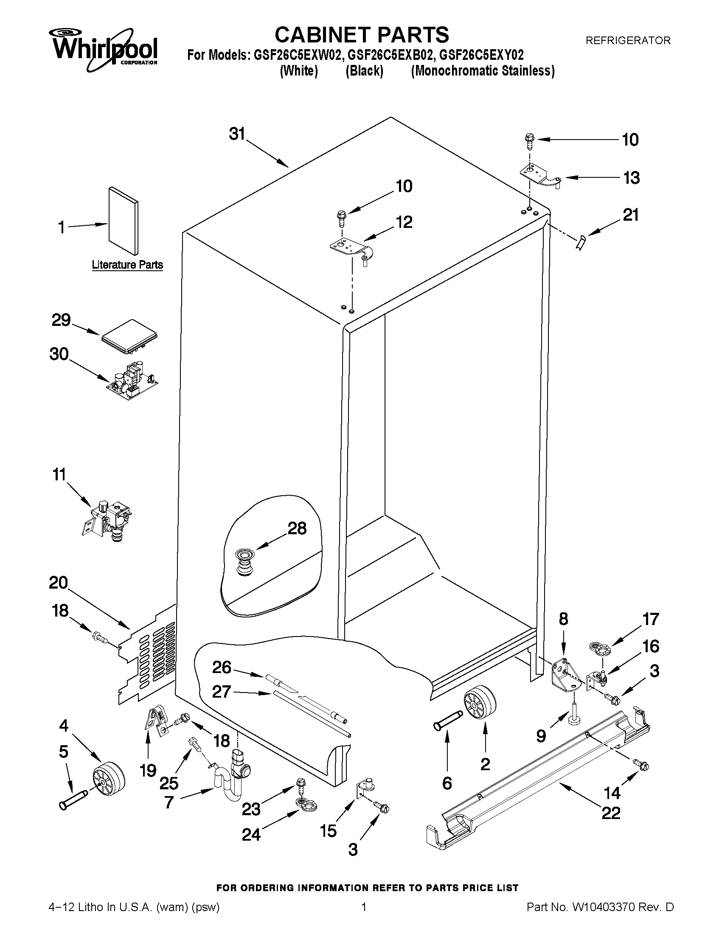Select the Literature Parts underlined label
pos(127,265)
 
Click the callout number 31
pos(236,134)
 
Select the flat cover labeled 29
pos(129,337)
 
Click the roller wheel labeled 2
pos(480,704)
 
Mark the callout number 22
pos(610,813)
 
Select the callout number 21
pos(630,215)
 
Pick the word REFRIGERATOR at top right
pos(627,41)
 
